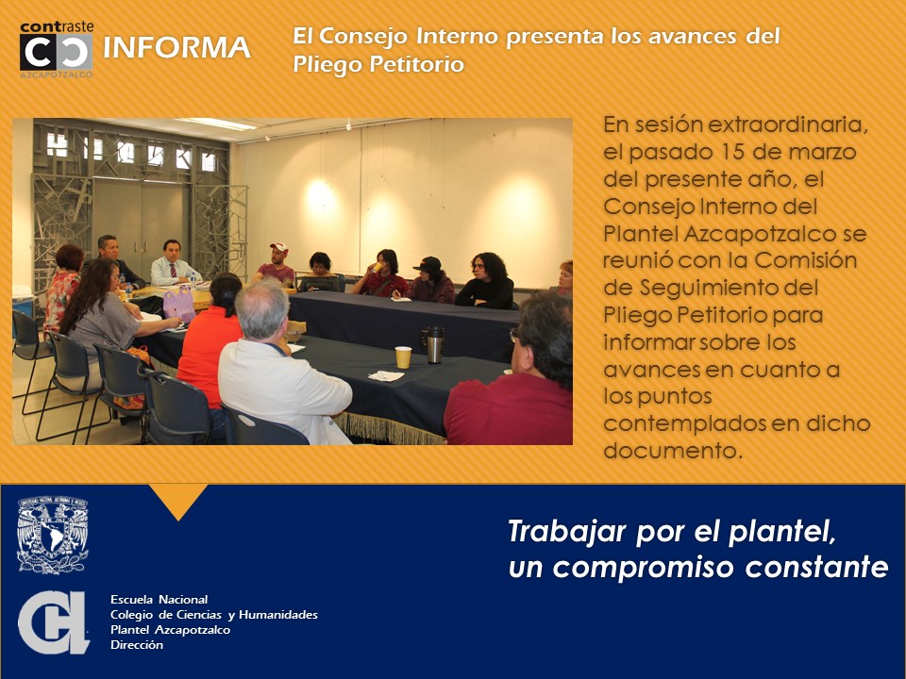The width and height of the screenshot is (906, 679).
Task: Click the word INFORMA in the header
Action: tap(176, 48)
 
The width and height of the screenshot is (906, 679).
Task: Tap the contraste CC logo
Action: tap(56, 50)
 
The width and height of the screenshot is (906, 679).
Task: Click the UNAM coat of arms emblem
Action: tap(53, 536)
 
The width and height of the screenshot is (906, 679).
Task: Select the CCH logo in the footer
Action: tap(53, 622)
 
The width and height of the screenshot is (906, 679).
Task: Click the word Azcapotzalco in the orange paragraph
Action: tap(761, 233)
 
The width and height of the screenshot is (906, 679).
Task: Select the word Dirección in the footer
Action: tap(137, 645)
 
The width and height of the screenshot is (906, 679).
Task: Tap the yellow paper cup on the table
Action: tap(403, 357)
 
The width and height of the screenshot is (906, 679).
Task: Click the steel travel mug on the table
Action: tap(434, 345)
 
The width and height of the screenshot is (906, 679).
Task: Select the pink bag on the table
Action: tap(179, 305)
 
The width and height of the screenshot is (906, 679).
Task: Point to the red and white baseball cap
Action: tap(279, 247)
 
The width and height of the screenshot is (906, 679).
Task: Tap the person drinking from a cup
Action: tap(381, 273)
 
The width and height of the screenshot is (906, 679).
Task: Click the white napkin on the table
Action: tap(386, 376)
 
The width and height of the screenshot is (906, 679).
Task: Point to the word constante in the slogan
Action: tap(816, 567)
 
